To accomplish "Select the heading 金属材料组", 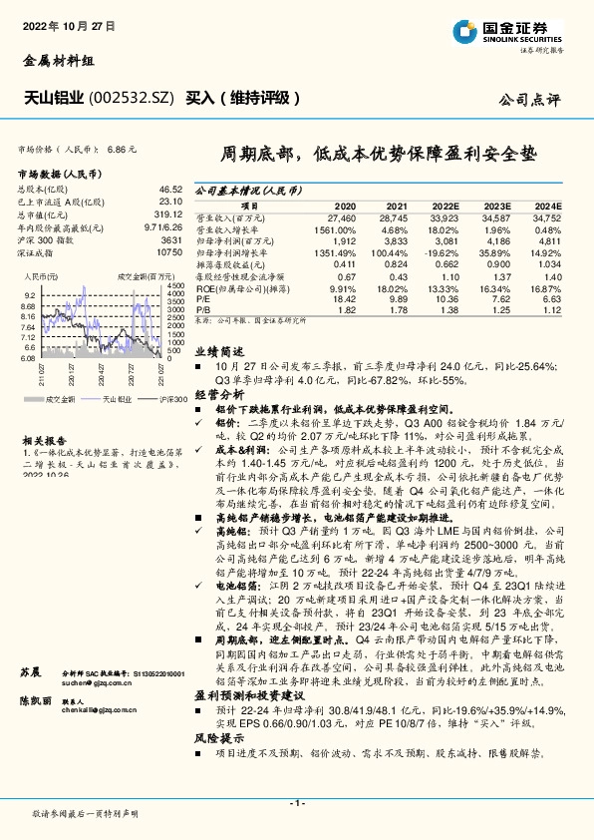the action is point(53,61).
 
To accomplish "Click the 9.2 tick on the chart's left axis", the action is point(29,296).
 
